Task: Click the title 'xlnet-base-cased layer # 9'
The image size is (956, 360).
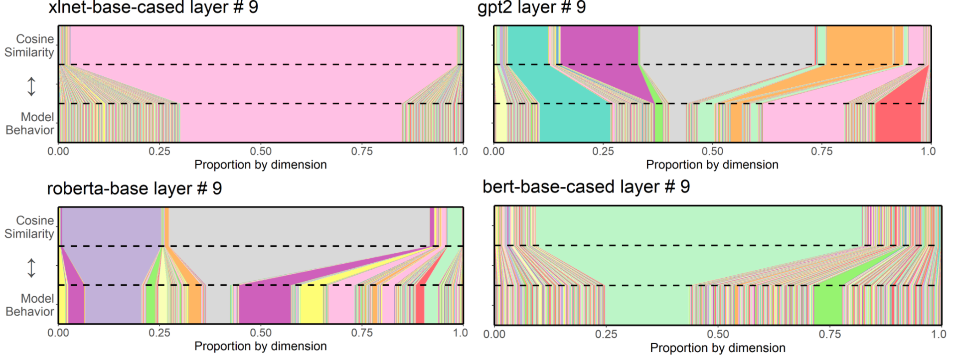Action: (x=153, y=7)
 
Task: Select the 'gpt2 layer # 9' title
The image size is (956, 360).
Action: (x=531, y=7)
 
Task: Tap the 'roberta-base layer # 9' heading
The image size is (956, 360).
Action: (x=134, y=188)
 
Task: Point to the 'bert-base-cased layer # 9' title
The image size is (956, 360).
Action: (x=586, y=187)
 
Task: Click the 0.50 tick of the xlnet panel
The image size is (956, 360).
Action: (x=261, y=151)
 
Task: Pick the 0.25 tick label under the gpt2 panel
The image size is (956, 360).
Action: (x=603, y=151)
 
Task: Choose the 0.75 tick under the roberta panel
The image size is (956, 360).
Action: (x=362, y=333)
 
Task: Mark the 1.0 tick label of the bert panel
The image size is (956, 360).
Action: (x=939, y=334)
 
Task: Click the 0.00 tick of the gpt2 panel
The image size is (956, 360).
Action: (x=494, y=151)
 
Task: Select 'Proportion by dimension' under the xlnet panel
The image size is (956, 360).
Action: (x=261, y=165)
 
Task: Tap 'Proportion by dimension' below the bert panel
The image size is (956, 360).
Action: (x=718, y=348)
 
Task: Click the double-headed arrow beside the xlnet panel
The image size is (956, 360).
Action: (x=31, y=86)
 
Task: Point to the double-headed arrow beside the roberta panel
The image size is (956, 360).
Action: (x=31, y=268)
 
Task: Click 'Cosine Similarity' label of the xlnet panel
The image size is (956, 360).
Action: (x=30, y=45)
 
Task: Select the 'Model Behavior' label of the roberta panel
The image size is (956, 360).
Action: (x=30, y=305)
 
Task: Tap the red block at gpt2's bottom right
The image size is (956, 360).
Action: (x=898, y=123)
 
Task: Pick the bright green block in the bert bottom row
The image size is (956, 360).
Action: (x=827, y=305)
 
